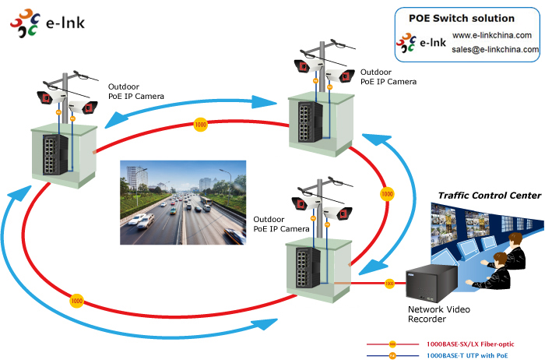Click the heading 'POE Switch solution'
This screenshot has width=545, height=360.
[x=462, y=18]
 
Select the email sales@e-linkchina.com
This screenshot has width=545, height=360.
[x=495, y=49]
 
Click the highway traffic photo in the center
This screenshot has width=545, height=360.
[x=183, y=203]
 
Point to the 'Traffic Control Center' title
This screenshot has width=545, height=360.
[x=489, y=196]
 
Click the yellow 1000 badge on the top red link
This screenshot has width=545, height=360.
[x=201, y=125]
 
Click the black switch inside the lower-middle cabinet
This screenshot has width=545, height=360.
[x=308, y=264]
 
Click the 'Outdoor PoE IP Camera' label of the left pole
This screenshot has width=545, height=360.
[x=137, y=91]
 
